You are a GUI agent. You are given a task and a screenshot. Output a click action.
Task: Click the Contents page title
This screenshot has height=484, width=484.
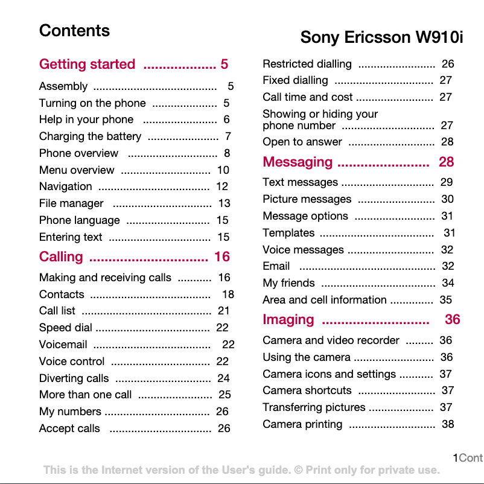click(x=74, y=31)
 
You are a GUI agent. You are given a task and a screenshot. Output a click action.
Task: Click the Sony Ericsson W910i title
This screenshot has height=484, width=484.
click(x=381, y=37)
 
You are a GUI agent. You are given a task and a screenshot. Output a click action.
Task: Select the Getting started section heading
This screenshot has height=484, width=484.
click(x=88, y=64)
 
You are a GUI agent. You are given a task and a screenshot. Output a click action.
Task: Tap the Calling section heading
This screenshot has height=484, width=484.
click(x=61, y=256)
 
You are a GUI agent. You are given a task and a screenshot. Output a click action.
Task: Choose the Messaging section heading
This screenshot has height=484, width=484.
click(x=298, y=162)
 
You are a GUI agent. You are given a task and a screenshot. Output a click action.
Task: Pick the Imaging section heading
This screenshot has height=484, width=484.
click(x=288, y=319)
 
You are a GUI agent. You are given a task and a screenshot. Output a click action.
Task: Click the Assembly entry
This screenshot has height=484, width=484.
click(x=63, y=86)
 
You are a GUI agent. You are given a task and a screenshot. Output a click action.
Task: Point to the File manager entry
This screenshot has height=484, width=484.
click(x=71, y=203)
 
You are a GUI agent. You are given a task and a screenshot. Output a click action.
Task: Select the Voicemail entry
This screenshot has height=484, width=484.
click(x=63, y=345)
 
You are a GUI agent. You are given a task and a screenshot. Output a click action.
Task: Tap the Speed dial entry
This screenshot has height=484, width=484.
click(x=66, y=328)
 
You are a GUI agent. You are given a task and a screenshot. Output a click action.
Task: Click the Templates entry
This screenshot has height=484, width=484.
click(x=288, y=232)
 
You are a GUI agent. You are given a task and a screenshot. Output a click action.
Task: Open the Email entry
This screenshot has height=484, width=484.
click(x=276, y=266)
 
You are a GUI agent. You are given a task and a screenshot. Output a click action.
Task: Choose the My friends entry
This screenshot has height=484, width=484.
click(x=288, y=282)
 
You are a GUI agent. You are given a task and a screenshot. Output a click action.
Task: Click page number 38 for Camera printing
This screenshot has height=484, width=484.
click(x=448, y=424)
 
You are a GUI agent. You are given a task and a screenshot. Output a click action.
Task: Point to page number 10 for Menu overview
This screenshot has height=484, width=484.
click(x=223, y=170)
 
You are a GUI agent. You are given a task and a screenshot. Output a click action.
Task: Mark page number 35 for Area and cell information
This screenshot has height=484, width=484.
click(x=445, y=299)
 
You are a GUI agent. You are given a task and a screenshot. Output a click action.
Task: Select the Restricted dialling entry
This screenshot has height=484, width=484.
click(x=307, y=64)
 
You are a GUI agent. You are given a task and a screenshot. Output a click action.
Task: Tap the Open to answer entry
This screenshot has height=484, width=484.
click(x=302, y=142)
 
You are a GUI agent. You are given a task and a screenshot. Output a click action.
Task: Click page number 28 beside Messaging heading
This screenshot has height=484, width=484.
click(x=446, y=162)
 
